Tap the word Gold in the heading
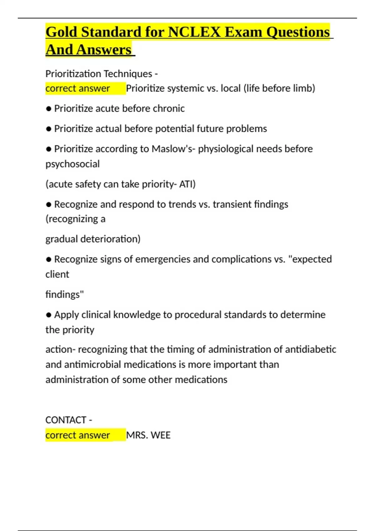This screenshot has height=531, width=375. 61,32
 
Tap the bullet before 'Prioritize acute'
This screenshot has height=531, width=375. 48,109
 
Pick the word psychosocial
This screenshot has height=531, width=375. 72,164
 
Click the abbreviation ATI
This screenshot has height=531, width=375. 187,184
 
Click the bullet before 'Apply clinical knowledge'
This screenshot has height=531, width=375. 48,315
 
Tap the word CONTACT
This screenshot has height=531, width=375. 66,420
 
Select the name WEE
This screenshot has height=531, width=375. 161,435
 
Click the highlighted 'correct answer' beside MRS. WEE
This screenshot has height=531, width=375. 78,435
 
